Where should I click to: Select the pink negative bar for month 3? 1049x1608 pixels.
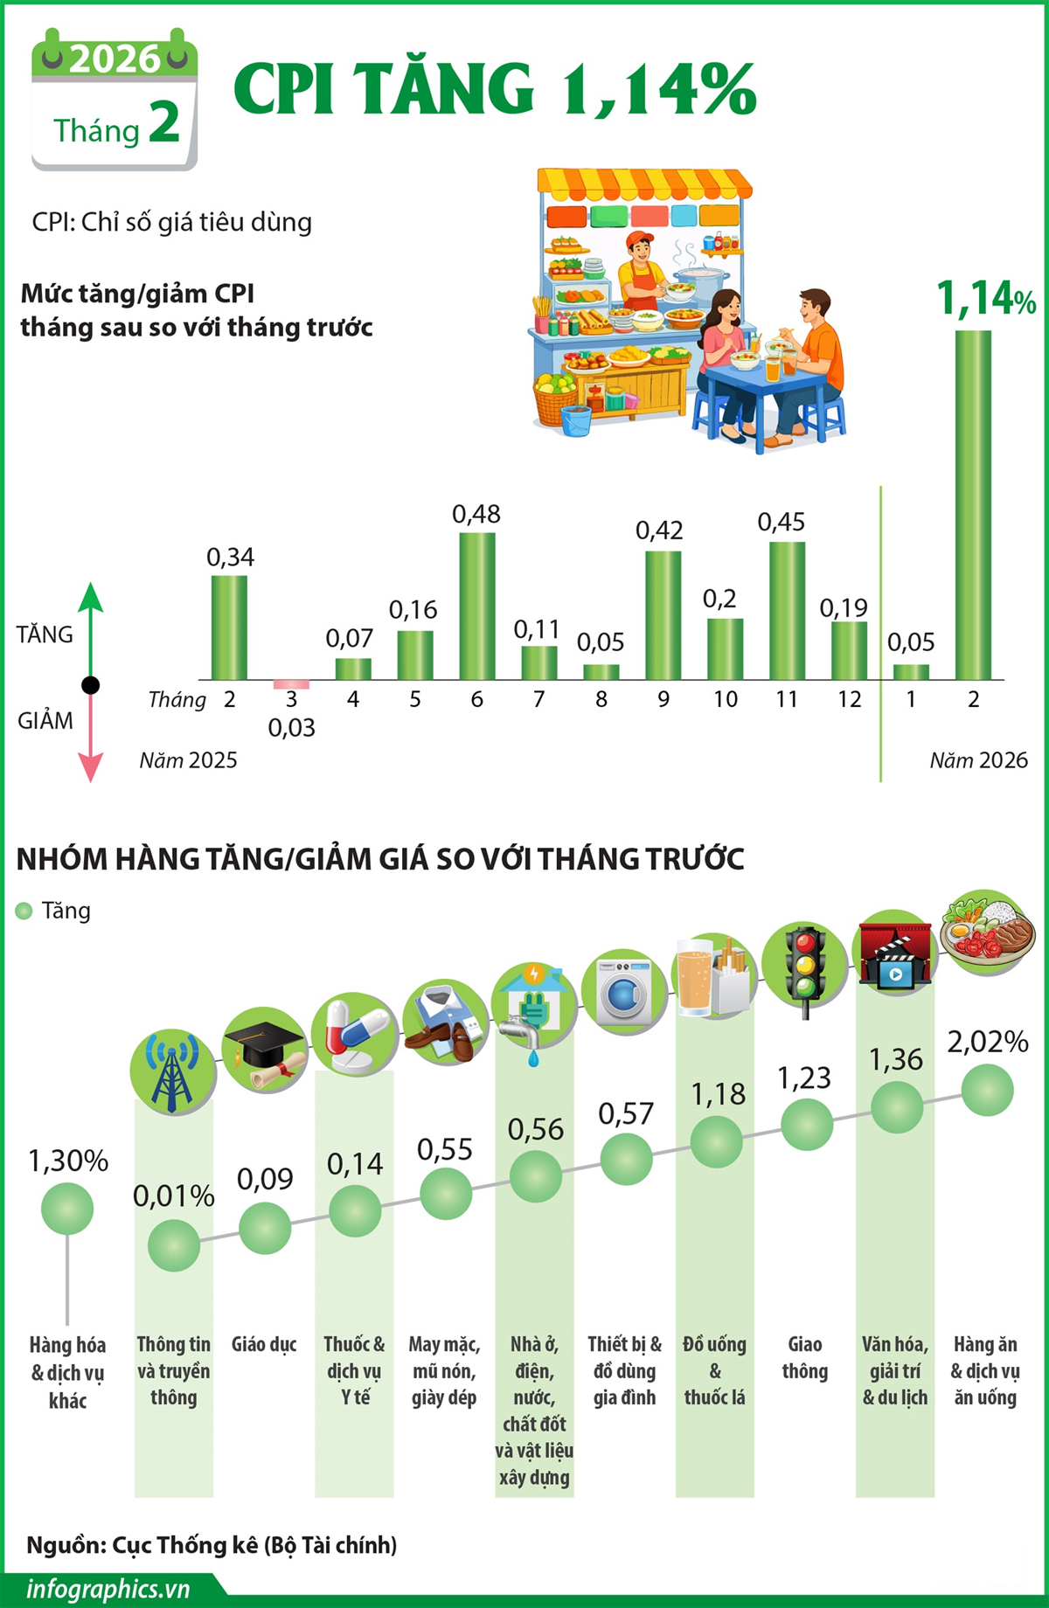[x=291, y=684]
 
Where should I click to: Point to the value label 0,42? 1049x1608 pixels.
[x=659, y=530]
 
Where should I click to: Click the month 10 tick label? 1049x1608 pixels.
[x=725, y=699]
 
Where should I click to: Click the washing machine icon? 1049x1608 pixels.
[x=624, y=992]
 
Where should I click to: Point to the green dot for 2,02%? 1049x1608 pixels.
[x=987, y=1091]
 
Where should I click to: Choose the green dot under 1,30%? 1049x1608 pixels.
[x=67, y=1209]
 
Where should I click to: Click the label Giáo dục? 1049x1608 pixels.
[x=264, y=1344]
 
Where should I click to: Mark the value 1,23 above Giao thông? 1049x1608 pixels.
[x=804, y=1078]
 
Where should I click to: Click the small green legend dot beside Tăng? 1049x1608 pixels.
[x=24, y=911]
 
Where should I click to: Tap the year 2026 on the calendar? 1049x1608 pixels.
[x=115, y=59]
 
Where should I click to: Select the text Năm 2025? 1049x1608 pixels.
[x=189, y=760]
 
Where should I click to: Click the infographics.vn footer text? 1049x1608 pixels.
[x=108, y=1589]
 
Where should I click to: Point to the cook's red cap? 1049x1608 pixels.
[x=640, y=239]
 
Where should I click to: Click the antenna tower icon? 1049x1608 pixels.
[x=172, y=1071]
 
